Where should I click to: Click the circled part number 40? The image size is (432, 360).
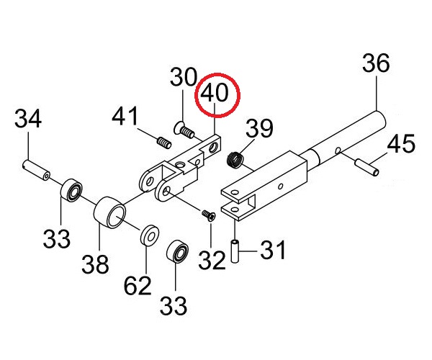click(x=215, y=94)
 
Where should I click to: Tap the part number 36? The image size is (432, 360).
click(x=376, y=63)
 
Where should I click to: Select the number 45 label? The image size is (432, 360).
click(x=401, y=144)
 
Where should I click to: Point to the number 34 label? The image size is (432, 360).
click(x=28, y=118)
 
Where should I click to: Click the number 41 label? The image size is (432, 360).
click(x=125, y=116)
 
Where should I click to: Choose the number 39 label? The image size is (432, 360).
click(x=259, y=128)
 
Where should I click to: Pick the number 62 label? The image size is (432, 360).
click(x=138, y=285)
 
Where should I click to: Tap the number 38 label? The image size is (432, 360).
click(x=95, y=264)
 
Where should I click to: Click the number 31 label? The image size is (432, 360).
click(x=273, y=250)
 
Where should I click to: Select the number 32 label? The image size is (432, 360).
click(x=212, y=261)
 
